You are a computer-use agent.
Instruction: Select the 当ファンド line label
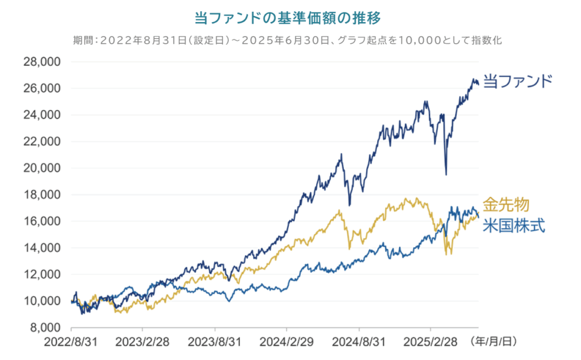tap(517, 81)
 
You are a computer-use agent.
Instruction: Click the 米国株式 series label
tap(513, 226)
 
